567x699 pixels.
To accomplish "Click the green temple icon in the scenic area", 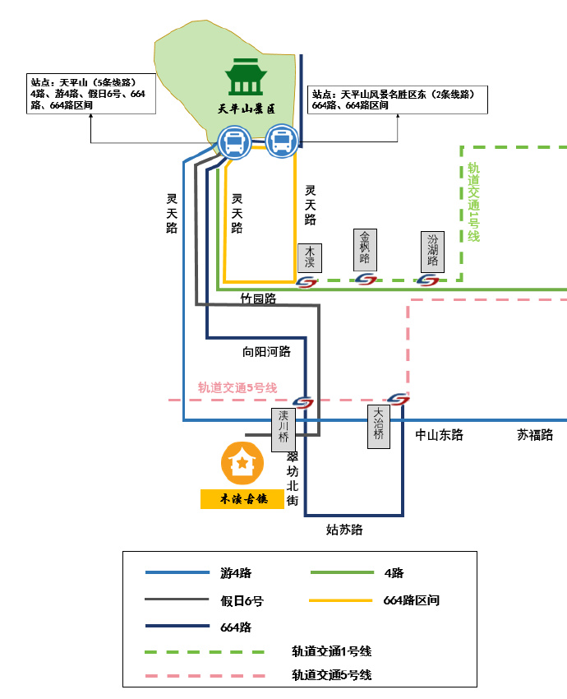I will click(x=244, y=76).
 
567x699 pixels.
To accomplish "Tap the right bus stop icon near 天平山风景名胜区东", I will click(x=281, y=141).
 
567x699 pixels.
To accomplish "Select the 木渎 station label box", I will click(x=310, y=257).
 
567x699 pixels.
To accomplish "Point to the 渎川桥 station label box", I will click(x=283, y=429).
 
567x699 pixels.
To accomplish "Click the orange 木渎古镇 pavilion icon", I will click(x=242, y=463).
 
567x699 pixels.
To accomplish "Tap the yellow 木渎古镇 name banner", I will click(x=242, y=499).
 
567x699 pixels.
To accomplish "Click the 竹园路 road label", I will click(x=258, y=299).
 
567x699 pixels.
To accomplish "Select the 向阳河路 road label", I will click(x=266, y=351).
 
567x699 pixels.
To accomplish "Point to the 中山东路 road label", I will click(x=439, y=435).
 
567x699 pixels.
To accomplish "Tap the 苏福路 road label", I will click(x=535, y=435).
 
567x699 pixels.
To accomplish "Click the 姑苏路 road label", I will click(x=344, y=530).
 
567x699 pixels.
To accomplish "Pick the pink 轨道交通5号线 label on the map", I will click(x=237, y=387).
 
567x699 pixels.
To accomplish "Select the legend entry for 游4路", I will click(x=236, y=573).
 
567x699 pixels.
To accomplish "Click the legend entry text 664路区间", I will click(x=412, y=600).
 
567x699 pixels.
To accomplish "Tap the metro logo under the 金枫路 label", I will click(x=365, y=280).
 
